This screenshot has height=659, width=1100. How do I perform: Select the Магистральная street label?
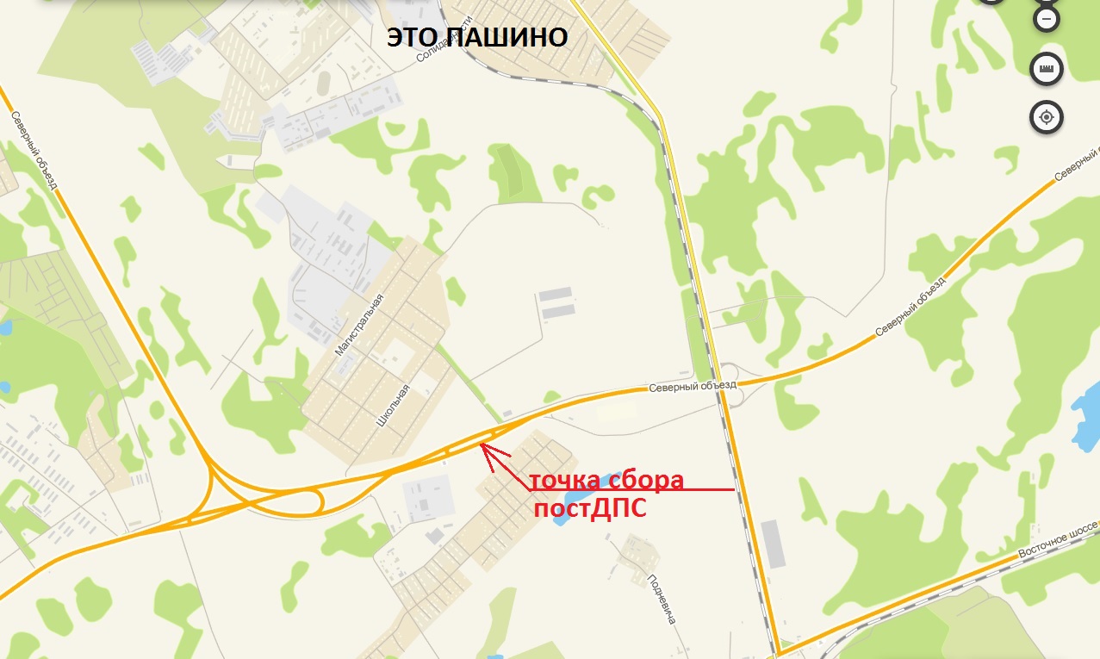tap(358, 324)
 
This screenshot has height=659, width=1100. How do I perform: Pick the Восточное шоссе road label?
tap(1058, 539)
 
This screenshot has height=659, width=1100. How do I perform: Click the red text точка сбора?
tap(606, 479)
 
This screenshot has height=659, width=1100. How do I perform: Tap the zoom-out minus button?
tap(1047, 19)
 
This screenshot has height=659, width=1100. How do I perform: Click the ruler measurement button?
tap(1047, 69)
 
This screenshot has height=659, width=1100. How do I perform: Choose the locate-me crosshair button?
tap(1047, 117)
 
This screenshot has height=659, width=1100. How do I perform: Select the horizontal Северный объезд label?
tap(693, 387)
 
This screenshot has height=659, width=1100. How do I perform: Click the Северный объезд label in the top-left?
tap(34, 150)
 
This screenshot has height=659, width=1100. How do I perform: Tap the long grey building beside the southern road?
tap(774, 544)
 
